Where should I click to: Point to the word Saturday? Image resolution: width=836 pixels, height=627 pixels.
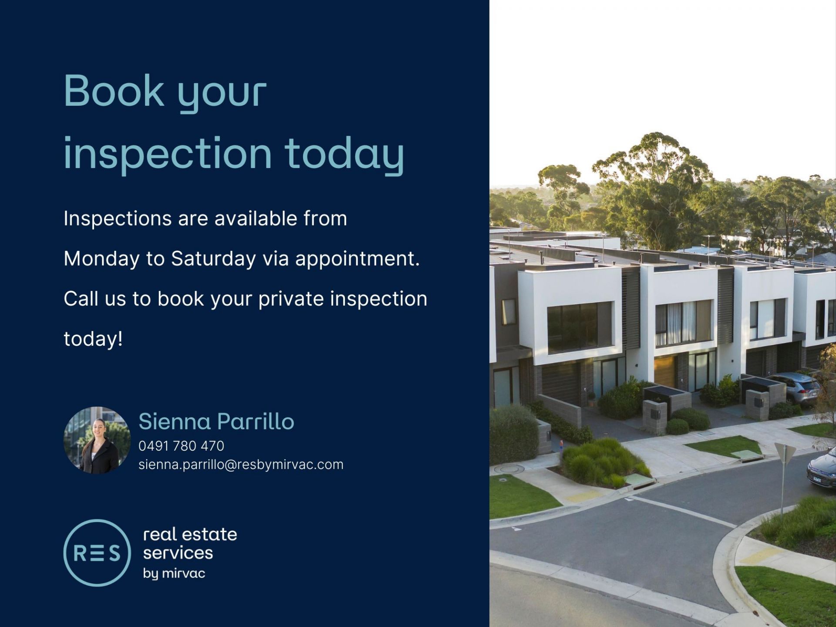[x=213, y=259]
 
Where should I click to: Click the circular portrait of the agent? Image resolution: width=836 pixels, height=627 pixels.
[x=97, y=440]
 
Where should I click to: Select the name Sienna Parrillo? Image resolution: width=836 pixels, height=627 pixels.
[x=216, y=421]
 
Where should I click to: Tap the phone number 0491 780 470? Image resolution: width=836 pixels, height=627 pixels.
[x=181, y=446]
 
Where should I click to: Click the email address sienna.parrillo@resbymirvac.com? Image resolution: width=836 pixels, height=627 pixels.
[x=241, y=465]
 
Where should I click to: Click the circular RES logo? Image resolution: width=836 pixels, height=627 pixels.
[x=97, y=553]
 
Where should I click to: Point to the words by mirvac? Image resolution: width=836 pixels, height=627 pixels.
[x=174, y=573]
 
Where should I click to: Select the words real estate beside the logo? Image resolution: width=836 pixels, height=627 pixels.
[x=190, y=534]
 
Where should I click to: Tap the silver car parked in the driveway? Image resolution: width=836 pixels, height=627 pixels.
[x=793, y=388]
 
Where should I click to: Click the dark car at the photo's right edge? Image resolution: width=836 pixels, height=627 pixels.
[x=822, y=470]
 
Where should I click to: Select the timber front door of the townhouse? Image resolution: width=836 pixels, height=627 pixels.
[x=665, y=371]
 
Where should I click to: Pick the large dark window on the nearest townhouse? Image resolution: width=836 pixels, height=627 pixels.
[x=580, y=327]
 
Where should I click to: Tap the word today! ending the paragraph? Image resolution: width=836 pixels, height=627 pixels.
[x=93, y=339]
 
